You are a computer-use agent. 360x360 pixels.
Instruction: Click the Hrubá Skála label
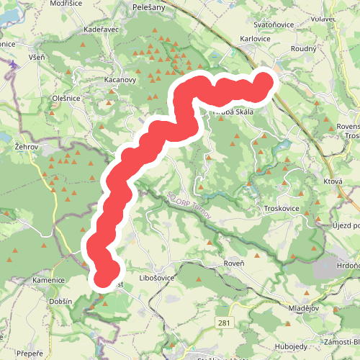(x=232, y=112)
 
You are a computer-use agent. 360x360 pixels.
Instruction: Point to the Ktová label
(x=332, y=182)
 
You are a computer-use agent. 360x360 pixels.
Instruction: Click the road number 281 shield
(x=225, y=323)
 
